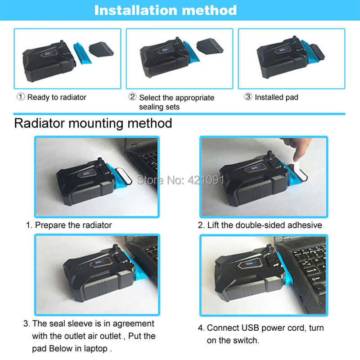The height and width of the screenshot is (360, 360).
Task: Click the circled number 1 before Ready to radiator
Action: click(x=21, y=97)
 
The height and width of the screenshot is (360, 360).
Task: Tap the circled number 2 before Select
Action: click(x=132, y=97)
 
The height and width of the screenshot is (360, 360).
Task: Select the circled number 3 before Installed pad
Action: click(x=248, y=97)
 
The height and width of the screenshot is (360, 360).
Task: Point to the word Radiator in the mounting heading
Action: click(x=39, y=123)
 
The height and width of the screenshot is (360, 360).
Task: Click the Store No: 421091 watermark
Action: click(x=180, y=180)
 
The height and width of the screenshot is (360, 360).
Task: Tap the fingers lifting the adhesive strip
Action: click(x=298, y=148)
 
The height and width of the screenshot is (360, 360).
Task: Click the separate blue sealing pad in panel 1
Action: click(x=82, y=53)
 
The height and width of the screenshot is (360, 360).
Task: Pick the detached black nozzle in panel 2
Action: click(x=210, y=46)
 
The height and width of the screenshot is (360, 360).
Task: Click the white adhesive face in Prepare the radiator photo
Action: click(x=123, y=176)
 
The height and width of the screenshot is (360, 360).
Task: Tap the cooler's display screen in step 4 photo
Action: click(x=251, y=264)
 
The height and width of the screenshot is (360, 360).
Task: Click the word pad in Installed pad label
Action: click(x=292, y=98)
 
